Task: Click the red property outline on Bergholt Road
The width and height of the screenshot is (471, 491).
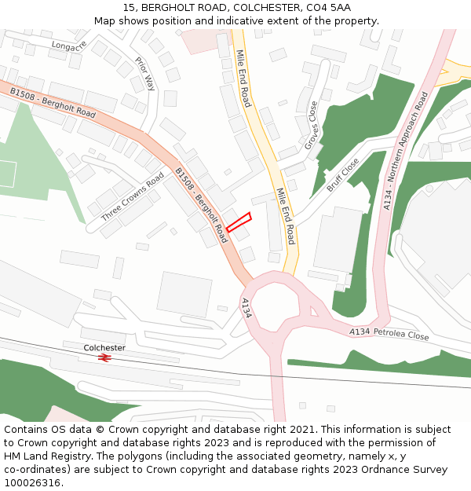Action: [x=239, y=222]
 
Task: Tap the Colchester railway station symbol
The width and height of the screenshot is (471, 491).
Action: [x=104, y=357]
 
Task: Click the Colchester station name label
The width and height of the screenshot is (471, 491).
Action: [x=104, y=347]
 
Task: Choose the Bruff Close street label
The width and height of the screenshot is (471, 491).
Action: [x=342, y=174]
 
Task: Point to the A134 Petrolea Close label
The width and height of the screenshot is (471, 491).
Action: [x=389, y=334]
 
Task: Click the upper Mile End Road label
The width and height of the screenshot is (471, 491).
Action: [x=244, y=79]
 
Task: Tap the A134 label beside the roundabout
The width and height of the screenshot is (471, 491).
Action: [x=246, y=307]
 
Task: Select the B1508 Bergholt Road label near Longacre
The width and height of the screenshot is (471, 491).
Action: [x=53, y=103]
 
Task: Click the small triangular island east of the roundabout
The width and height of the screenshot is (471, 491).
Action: [x=314, y=311]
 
